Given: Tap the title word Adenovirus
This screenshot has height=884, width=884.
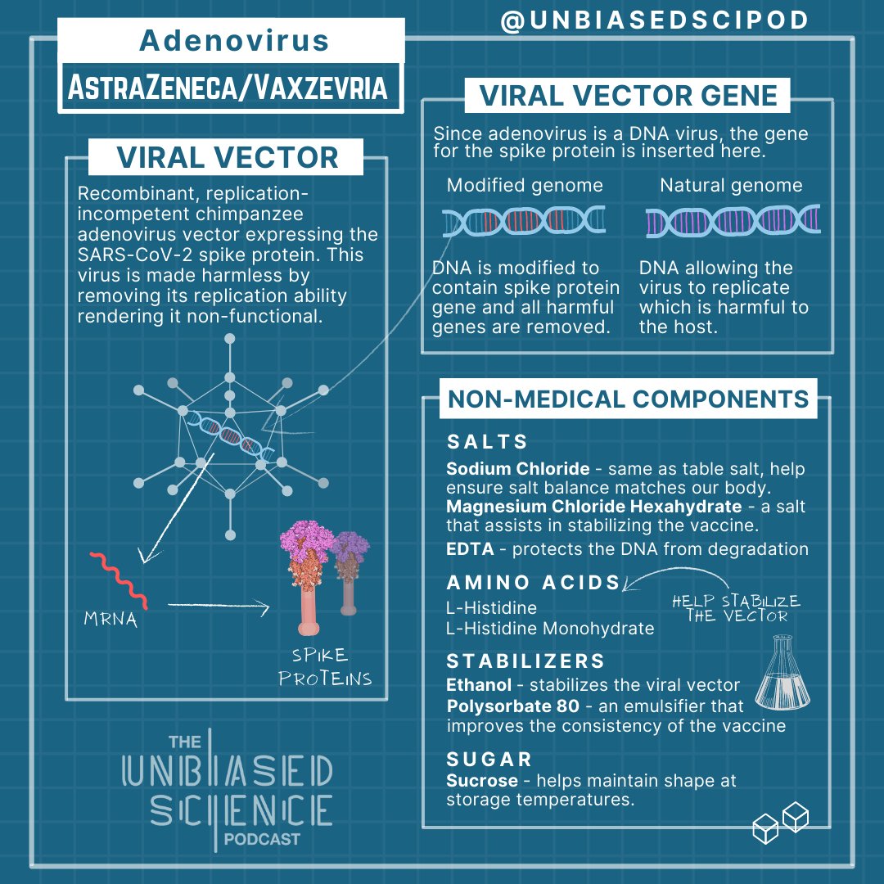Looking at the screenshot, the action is coord(234,40).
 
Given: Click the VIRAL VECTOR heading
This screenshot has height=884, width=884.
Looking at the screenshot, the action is coord(227,157).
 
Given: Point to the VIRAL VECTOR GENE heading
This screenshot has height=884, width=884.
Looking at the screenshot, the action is coord(628,96).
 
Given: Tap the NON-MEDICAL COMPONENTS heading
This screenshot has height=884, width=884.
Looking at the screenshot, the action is coord(628,399).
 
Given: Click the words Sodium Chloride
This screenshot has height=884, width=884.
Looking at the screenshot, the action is coord(517,469).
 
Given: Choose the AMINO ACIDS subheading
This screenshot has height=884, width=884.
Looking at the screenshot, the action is coord(533,583).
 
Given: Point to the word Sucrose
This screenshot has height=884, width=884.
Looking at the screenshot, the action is coord(481,780).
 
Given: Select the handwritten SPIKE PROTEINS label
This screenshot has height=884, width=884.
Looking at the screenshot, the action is coord(325,667).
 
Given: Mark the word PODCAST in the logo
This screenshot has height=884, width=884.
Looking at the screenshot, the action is coord(261,839).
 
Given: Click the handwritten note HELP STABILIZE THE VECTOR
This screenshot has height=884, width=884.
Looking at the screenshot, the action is coord(735,608).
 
